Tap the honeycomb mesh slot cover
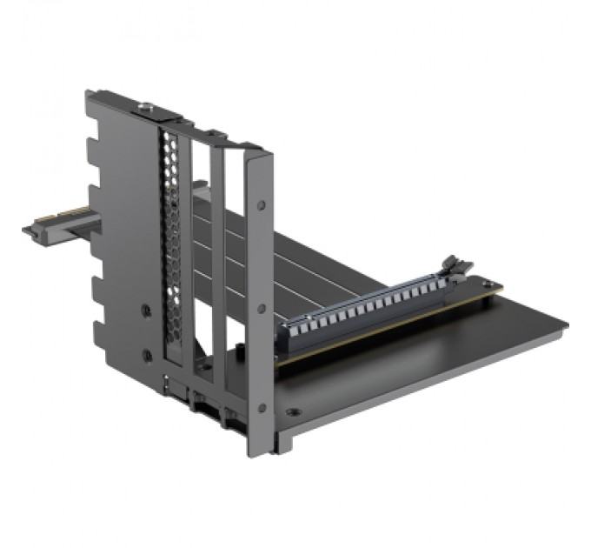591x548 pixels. tap(172, 244)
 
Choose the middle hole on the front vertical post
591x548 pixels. tap(262, 308)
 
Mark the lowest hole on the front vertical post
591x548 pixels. tap(262, 406)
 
